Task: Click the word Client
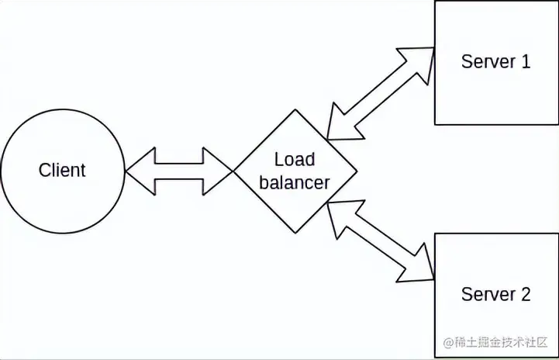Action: pos(62,170)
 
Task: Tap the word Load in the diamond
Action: pos(295,160)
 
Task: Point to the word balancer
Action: pos(295,183)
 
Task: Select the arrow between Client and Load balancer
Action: pos(179,170)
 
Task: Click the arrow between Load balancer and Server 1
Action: pos(381,94)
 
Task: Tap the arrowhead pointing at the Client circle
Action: pos(138,170)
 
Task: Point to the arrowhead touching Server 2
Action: pos(419,264)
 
